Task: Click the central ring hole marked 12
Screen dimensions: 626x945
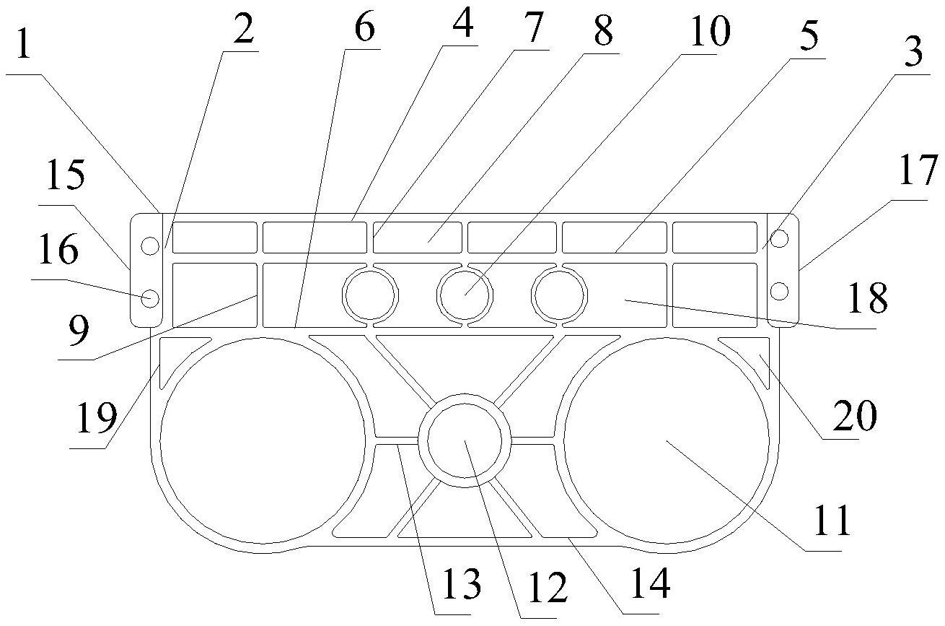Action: [x=465, y=441]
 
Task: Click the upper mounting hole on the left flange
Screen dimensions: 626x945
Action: [x=149, y=245]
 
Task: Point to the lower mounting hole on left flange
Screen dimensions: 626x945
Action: [x=149, y=297]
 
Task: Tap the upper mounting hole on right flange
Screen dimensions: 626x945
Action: [x=779, y=238]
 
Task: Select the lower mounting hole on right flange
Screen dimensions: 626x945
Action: [x=779, y=290]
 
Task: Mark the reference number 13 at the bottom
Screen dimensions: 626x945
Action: [x=461, y=586]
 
